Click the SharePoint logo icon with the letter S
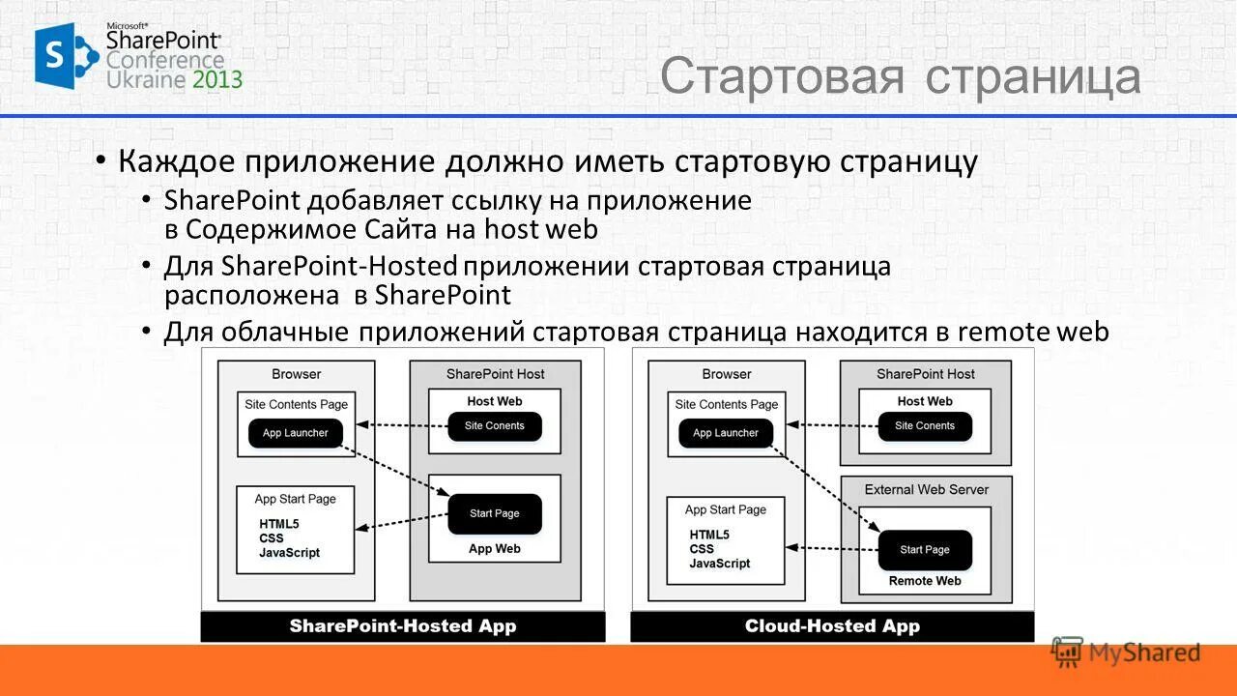coord(64,56)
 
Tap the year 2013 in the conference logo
coord(217,79)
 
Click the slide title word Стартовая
coord(783,77)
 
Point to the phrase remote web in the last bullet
coord(1033,332)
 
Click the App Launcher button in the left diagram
coord(295,433)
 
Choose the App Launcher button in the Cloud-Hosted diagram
coord(726,433)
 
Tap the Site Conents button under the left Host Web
coord(494,426)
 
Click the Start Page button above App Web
coord(494,513)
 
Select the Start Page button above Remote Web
coord(925,550)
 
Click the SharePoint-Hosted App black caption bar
coord(403,626)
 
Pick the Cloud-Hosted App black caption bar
coord(832,626)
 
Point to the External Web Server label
coord(926,489)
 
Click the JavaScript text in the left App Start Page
coord(289,553)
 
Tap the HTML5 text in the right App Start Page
coord(709,535)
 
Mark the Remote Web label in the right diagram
coord(925,581)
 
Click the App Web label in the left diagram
coord(494,549)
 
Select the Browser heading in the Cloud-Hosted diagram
coord(727,374)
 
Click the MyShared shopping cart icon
coord(1067,652)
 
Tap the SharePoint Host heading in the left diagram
coord(495,374)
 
